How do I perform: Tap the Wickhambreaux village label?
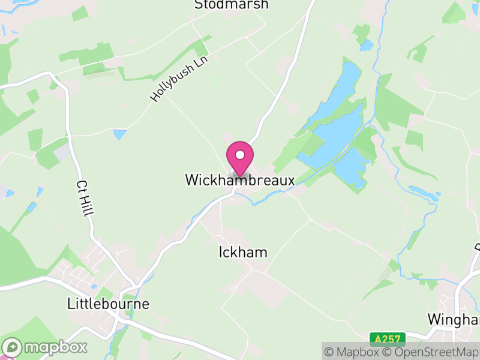point(240,180)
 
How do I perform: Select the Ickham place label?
point(242,253)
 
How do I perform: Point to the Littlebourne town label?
point(108,304)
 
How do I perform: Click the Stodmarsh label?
point(231,5)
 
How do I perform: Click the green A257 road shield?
point(387,339)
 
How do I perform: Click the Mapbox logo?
point(46,347)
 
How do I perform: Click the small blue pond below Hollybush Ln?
point(120,134)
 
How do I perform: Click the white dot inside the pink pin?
point(240,155)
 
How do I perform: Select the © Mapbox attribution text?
point(352,352)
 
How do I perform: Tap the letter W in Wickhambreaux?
point(191,180)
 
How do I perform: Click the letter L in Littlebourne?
point(71,304)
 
